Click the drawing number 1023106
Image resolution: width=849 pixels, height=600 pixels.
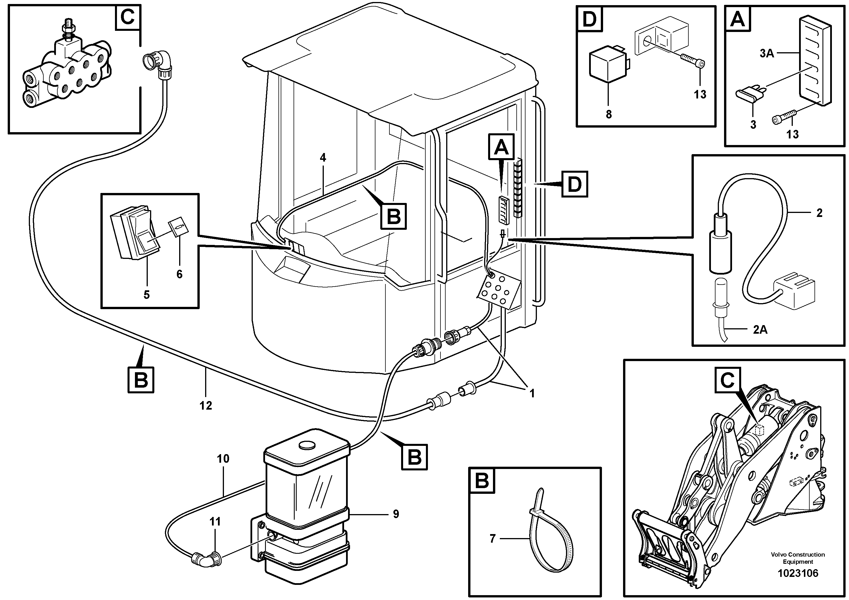point(798,573)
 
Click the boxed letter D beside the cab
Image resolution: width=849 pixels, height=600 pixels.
point(574,184)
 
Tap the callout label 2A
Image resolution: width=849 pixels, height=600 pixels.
point(760,329)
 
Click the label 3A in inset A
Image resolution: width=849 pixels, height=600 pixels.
point(767,53)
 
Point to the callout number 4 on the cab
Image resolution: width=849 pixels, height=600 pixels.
point(323,158)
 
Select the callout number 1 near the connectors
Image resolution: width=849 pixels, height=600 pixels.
point(532,394)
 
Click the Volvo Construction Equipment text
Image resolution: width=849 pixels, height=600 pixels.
point(798,558)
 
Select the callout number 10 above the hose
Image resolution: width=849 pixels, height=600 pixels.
point(223,459)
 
